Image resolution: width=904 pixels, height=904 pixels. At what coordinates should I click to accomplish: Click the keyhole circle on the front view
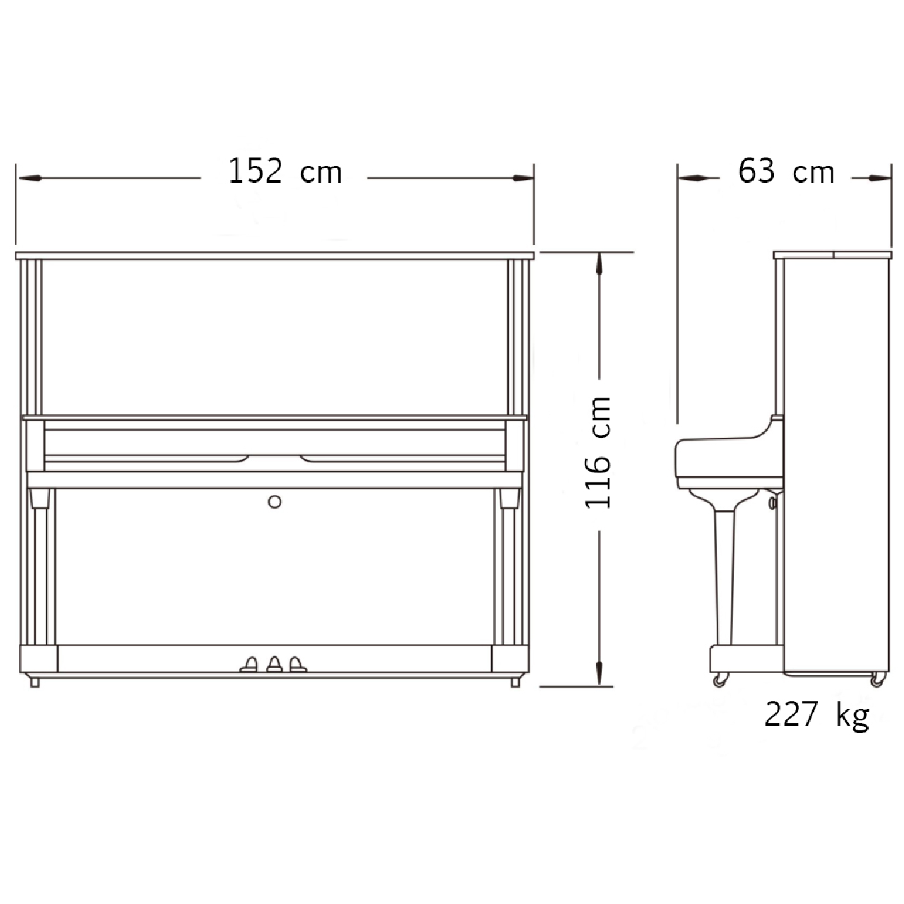tap(275, 502)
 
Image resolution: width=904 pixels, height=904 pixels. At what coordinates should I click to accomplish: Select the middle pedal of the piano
tap(275, 665)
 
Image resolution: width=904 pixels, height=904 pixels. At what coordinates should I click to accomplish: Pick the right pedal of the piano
tap(297, 665)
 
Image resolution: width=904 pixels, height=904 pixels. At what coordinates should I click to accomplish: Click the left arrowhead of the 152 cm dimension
tap(29, 178)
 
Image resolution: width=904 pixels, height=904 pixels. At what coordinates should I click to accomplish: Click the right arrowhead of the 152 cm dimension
tap(523, 178)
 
